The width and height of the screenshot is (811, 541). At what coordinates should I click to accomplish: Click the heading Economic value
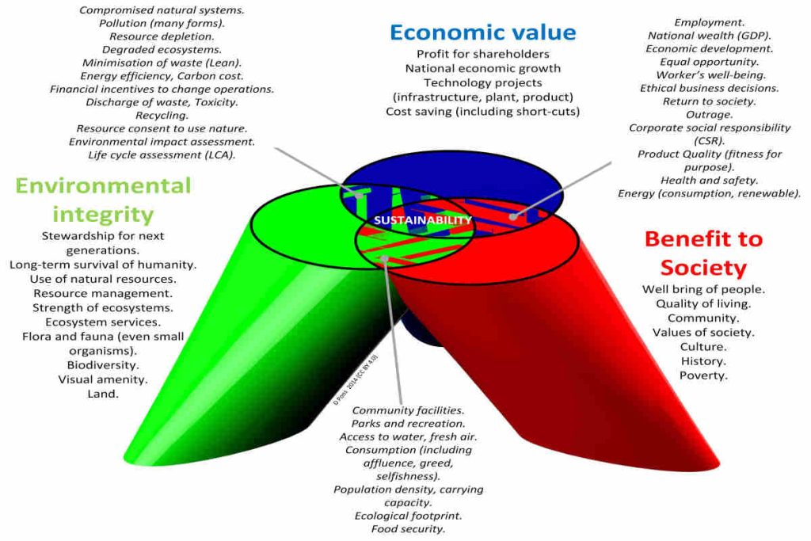[482, 32]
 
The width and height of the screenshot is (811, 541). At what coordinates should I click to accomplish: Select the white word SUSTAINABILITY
[422, 219]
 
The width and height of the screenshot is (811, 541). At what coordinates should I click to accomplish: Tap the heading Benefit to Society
[703, 253]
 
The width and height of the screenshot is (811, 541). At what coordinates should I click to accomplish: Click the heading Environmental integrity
[103, 200]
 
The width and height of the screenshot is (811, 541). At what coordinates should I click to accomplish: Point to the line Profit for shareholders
[482, 54]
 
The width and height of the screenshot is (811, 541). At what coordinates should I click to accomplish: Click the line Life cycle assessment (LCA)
[162, 154]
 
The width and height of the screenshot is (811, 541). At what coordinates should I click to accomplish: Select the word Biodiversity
[103, 365]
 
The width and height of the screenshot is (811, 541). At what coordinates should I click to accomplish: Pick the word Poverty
[702, 375]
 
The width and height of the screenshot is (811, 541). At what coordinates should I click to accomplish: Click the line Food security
[408, 529]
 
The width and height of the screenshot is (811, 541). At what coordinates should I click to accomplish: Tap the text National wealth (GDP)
[710, 36]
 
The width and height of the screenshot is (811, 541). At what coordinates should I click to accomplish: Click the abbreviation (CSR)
[710, 140]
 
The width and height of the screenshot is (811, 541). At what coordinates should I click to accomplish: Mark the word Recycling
[162, 115]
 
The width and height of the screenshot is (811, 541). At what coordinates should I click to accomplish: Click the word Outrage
[710, 114]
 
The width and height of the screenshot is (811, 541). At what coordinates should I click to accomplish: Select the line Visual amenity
[103, 379]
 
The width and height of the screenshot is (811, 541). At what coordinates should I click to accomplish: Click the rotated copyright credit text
[356, 381]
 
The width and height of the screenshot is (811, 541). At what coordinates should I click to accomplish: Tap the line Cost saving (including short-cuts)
[482, 111]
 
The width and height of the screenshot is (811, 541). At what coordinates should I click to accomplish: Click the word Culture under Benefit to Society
[702, 347]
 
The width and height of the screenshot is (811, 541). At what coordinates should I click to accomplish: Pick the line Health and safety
[710, 180]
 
